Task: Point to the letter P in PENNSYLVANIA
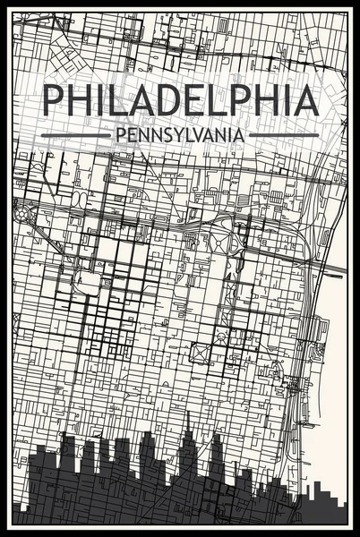click(112, 135)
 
